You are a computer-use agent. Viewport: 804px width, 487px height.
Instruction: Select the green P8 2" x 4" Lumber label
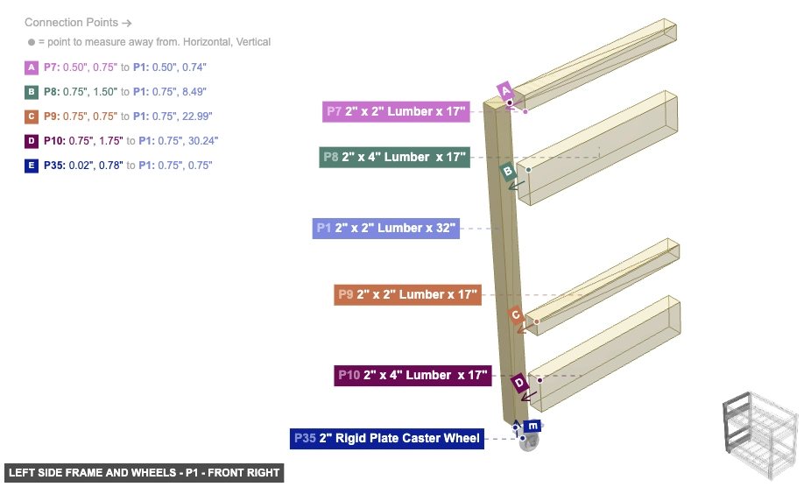click(394, 157)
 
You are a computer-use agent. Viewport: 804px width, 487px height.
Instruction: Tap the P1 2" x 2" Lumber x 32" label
click(385, 229)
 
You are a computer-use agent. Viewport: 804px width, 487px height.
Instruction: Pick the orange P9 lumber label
click(407, 294)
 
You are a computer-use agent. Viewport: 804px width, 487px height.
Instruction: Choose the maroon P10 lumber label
click(413, 375)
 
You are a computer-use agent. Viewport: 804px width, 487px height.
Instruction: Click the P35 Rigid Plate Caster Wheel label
click(388, 438)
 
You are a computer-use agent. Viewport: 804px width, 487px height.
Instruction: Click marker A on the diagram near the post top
click(504, 90)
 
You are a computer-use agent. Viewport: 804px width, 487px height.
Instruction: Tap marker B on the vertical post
click(507, 171)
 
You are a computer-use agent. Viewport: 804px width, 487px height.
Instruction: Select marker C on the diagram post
click(517, 314)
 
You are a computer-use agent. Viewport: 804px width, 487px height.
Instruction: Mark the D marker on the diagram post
click(519, 383)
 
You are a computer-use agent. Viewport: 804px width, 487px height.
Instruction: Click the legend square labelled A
click(32, 67)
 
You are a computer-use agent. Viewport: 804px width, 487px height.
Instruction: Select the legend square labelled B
click(32, 91)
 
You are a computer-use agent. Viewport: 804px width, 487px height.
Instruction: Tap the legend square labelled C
click(32, 116)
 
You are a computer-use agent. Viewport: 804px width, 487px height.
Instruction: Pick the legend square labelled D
click(32, 140)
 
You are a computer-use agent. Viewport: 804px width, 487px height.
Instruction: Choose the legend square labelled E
click(32, 165)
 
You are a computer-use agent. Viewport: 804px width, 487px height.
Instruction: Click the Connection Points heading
click(78, 22)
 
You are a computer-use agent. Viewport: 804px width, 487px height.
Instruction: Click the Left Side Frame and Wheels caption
click(144, 473)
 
